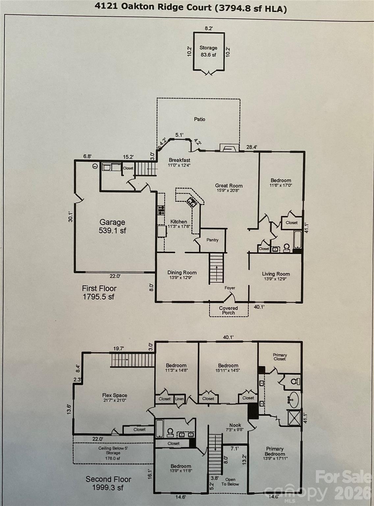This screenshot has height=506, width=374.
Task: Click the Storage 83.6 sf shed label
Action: (x=208, y=51)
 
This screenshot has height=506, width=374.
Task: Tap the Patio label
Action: (x=200, y=119)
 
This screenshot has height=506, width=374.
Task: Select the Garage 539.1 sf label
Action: (x=112, y=226)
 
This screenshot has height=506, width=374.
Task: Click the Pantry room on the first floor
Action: (x=213, y=240)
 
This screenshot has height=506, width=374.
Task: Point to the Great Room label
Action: (x=229, y=188)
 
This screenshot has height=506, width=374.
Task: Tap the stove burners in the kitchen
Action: (x=161, y=210)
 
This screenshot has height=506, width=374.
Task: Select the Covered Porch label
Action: (x=228, y=310)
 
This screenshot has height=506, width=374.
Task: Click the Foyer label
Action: (x=230, y=288)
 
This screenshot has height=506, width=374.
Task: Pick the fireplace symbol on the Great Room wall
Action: (x=229, y=148)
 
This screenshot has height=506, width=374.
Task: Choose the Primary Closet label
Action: (x=280, y=357)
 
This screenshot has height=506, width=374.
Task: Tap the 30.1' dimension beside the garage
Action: (x=70, y=217)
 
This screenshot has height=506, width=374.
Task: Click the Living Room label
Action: (x=276, y=276)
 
